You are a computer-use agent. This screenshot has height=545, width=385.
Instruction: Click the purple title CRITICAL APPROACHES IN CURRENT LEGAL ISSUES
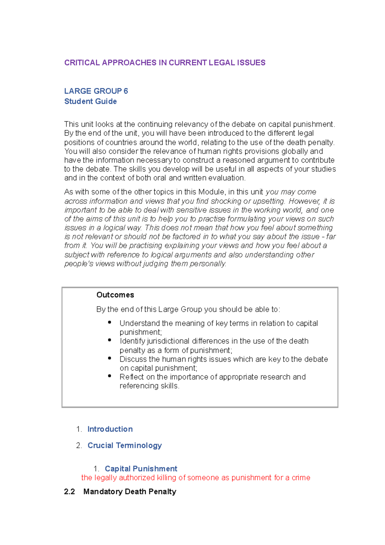point(165,63)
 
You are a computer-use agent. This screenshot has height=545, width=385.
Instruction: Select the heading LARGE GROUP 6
point(96,91)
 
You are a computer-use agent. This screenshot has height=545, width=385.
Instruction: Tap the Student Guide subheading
point(90,101)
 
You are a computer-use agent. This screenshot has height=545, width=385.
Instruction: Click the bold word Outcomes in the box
point(115,295)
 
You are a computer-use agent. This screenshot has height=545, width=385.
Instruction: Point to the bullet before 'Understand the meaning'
point(110,322)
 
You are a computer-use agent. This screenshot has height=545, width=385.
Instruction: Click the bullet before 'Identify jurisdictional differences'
point(110,340)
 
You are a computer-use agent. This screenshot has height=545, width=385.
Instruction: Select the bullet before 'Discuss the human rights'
point(110,358)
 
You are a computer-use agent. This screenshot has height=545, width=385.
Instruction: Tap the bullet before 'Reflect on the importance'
point(110,376)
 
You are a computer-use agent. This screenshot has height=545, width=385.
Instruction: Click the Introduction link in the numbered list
point(110,429)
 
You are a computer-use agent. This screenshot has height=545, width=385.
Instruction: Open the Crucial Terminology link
point(124,446)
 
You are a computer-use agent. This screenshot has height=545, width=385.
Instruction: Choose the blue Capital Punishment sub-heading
point(141,469)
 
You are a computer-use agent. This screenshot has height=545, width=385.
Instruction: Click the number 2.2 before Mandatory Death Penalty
point(69,492)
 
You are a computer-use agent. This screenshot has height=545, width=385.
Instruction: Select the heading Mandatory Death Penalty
point(130,492)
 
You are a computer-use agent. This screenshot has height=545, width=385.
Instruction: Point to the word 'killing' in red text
point(167,478)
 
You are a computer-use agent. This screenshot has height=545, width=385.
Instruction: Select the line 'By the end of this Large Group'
point(188,309)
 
